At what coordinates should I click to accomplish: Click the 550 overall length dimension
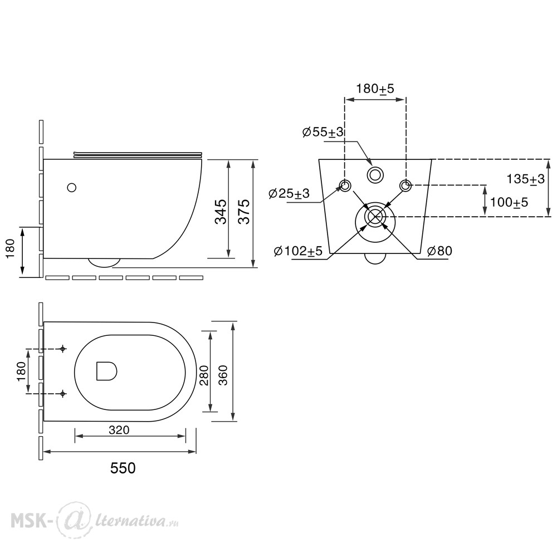pyautogui.click(x=123, y=468)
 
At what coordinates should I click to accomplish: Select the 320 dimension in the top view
pyautogui.click(x=119, y=430)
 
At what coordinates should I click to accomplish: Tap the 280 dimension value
pyautogui.click(x=204, y=375)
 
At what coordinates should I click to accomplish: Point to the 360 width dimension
pyautogui.click(x=223, y=375)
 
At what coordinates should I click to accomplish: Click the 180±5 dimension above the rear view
pyautogui.click(x=375, y=89)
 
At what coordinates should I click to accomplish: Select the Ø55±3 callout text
pyautogui.click(x=323, y=132)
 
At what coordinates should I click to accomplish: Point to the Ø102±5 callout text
pyautogui.click(x=299, y=251)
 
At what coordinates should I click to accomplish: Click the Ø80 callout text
pyautogui.click(x=439, y=251)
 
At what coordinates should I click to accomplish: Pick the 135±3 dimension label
pyautogui.click(x=525, y=179)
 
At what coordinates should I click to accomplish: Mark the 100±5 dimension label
pyautogui.click(x=509, y=202)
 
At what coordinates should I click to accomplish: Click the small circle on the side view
pyautogui.click(x=72, y=188)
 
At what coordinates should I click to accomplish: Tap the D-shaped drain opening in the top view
pyautogui.click(x=106, y=371)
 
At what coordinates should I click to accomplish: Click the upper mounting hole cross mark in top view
pyautogui.click(x=63, y=349)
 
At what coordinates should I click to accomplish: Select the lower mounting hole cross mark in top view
pyautogui.click(x=63, y=394)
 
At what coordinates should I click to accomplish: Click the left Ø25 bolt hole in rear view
pyautogui.click(x=345, y=185)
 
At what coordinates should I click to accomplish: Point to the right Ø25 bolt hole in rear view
pyautogui.click(x=405, y=185)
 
